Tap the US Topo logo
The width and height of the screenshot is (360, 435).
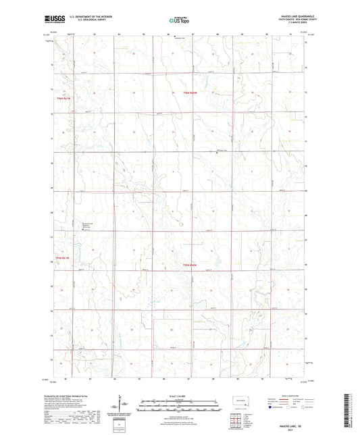179,21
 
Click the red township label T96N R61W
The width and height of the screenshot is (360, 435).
63,99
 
